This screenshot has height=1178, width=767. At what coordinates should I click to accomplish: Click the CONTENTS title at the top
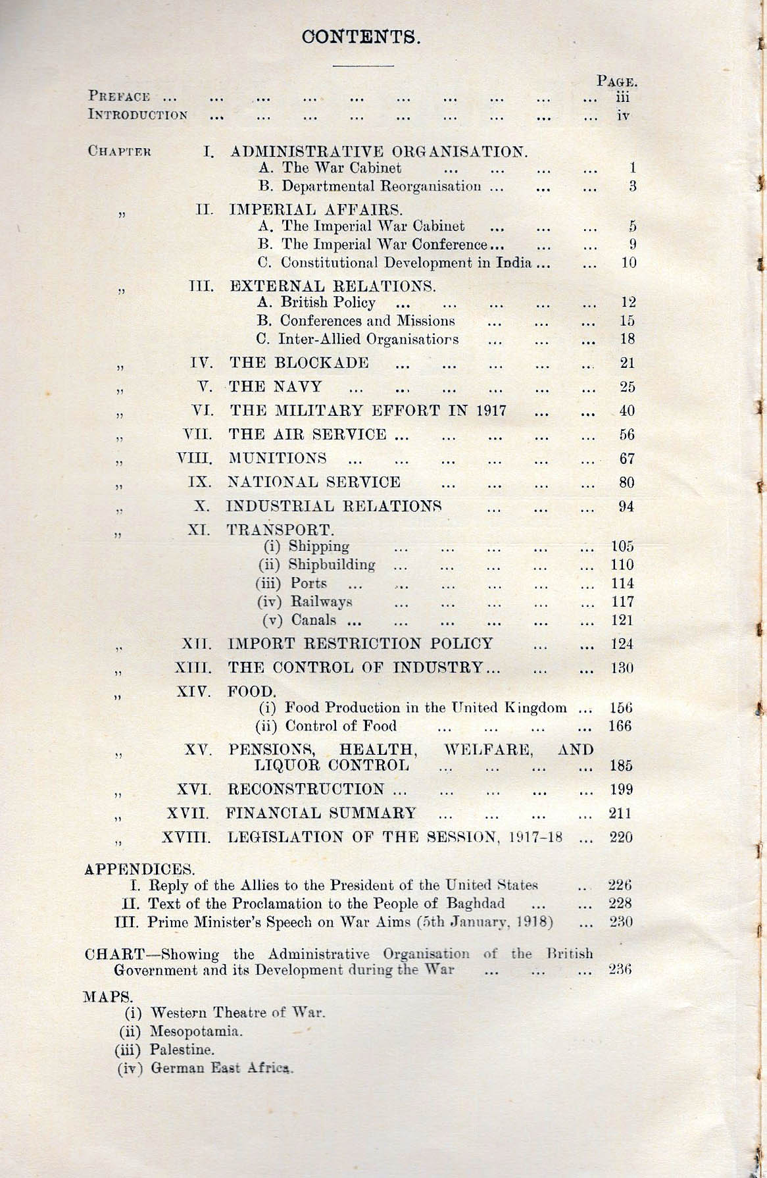(x=360, y=36)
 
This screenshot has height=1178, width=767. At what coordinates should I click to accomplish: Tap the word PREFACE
(x=119, y=97)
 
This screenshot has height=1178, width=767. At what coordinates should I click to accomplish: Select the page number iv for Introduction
(x=623, y=115)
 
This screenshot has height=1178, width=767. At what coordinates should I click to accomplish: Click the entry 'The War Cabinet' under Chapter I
(x=341, y=168)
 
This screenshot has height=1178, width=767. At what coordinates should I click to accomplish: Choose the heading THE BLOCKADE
(x=299, y=363)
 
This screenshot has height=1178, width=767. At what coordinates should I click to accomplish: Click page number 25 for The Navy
(x=626, y=387)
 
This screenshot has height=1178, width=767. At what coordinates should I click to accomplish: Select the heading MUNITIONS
(x=277, y=458)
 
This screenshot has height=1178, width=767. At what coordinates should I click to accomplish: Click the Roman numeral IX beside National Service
(x=200, y=482)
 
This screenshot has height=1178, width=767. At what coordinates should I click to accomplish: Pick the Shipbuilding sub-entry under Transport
(x=332, y=565)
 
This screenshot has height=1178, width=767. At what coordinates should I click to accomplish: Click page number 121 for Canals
(x=622, y=620)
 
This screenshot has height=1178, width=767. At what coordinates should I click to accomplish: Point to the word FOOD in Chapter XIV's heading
(x=251, y=691)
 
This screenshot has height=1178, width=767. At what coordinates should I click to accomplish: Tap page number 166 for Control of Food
(x=620, y=726)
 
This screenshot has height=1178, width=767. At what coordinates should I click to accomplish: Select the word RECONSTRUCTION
(x=306, y=789)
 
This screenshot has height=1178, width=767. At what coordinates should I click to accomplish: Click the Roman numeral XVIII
(x=186, y=837)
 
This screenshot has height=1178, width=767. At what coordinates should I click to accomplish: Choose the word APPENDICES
(x=139, y=869)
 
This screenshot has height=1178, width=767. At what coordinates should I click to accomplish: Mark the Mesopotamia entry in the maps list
(x=196, y=1031)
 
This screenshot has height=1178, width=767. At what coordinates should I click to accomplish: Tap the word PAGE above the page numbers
(x=616, y=82)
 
